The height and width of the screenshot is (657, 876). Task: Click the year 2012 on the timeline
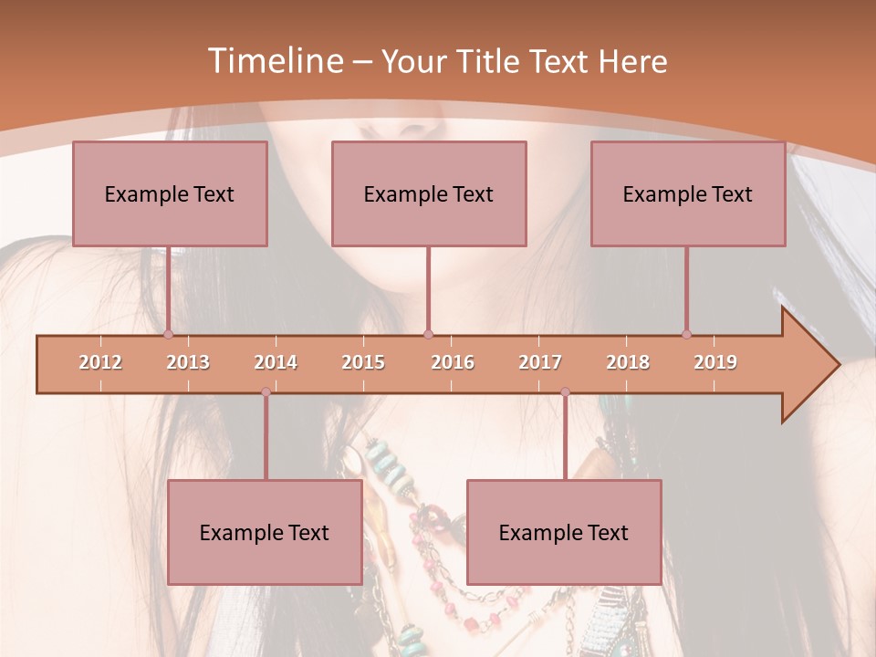pyautogui.click(x=100, y=362)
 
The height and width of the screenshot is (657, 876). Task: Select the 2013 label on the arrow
pyautogui.click(x=188, y=362)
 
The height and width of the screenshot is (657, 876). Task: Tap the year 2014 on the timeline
pyautogui.click(x=276, y=362)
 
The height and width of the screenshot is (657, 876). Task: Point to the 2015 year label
pyautogui.click(x=363, y=362)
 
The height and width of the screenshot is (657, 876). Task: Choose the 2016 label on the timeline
pyautogui.click(x=453, y=362)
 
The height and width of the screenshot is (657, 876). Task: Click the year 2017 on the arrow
pyautogui.click(x=540, y=362)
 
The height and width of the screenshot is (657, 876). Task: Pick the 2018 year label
pyautogui.click(x=628, y=362)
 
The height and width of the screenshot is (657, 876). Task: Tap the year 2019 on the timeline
pyautogui.click(x=715, y=362)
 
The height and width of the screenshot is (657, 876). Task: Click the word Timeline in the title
pyautogui.click(x=274, y=61)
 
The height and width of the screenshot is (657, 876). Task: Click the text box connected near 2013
pyautogui.click(x=170, y=193)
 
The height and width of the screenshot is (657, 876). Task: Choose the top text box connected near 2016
pyautogui.click(x=429, y=193)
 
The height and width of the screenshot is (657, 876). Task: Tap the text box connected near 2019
pyautogui.click(x=688, y=193)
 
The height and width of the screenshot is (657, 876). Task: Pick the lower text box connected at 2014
pyautogui.click(x=265, y=532)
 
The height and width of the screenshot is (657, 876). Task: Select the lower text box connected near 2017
pyautogui.click(x=564, y=532)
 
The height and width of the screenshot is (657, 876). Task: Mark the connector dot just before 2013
pyautogui.click(x=168, y=335)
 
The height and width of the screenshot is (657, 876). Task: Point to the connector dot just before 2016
pyautogui.click(x=429, y=335)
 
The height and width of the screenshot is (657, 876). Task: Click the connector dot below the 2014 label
pyautogui.click(x=266, y=392)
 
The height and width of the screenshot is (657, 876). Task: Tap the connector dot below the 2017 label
pyautogui.click(x=565, y=392)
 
